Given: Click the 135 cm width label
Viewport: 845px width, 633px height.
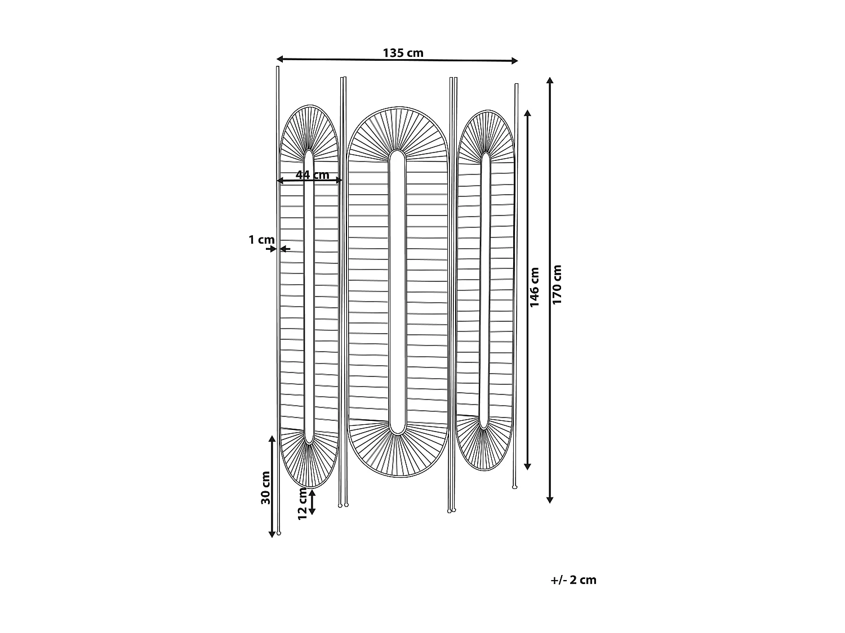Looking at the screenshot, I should [x=403, y=53].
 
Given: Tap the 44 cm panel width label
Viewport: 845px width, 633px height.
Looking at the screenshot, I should [x=312, y=174].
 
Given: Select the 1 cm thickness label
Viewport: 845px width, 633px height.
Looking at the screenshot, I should [x=261, y=240].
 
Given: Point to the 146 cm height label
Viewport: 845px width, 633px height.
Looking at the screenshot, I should [x=535, y=287].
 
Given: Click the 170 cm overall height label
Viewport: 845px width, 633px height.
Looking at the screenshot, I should [x=557, y=284].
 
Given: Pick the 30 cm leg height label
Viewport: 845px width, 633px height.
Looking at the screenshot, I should [x=266, y=487].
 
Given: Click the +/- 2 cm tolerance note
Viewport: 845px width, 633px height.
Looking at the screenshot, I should [x=573, y=580].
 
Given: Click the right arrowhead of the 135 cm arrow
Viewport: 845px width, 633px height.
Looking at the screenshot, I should [x=514, y=61].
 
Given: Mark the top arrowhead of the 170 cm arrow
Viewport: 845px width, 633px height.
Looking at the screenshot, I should [x=550, y=80].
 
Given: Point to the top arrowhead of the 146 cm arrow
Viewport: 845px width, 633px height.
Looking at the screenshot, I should [x=528, y=113].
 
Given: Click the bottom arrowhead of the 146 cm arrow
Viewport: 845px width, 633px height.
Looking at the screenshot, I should [x=528, y=466].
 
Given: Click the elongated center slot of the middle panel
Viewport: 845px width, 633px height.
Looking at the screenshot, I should [x=397, y=293].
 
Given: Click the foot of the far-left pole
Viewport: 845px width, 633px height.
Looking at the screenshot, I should [x=278, y=532].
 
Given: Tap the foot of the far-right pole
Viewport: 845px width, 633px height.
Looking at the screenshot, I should [x=515, y=487].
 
